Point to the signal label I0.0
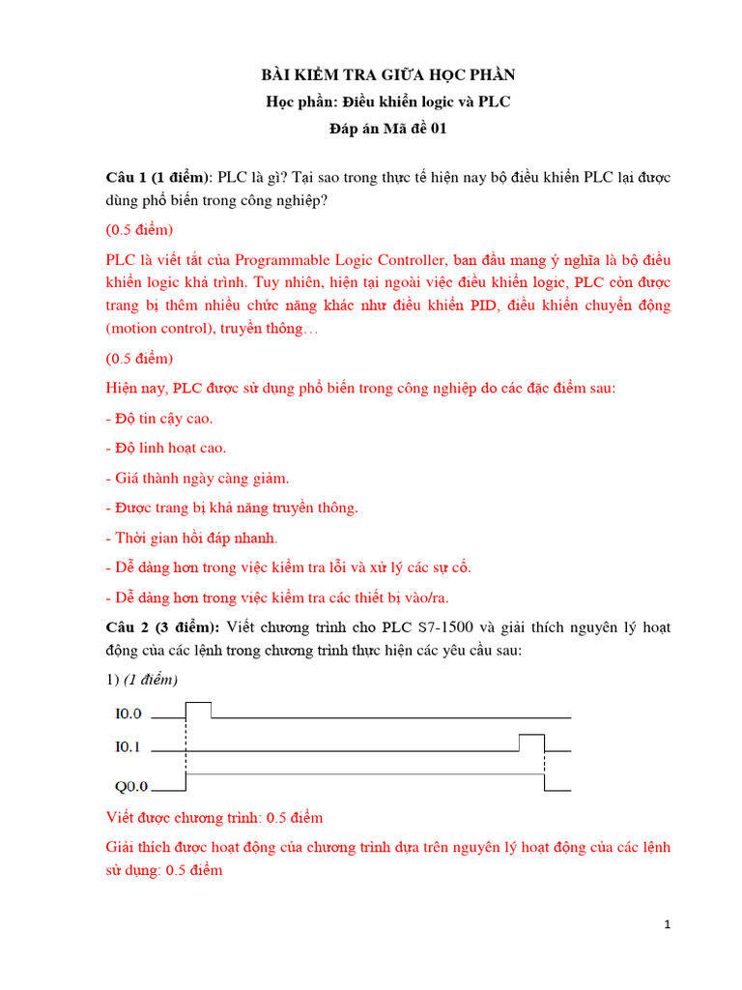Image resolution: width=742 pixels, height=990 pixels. pos(128,714)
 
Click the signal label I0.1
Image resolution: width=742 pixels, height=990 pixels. pos(128,746)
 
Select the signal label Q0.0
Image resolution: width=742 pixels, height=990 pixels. pos(128,787)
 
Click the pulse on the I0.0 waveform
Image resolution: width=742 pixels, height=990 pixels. pos(198,709)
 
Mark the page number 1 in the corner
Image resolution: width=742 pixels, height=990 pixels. pos(668,925)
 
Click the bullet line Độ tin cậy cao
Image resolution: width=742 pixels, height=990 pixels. pos(159,419)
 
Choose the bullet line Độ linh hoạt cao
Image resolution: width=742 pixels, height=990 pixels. pos(166,448)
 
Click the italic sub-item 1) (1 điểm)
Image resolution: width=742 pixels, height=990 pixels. pos(142,679)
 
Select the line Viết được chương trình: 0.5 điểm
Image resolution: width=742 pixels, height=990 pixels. pos(214,818)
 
